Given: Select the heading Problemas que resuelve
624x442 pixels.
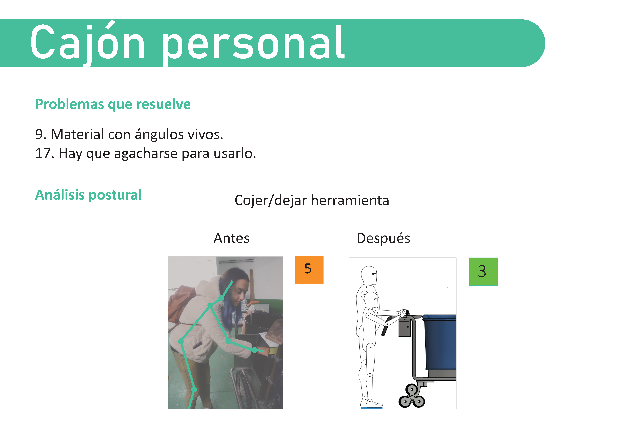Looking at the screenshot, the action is tap(113, 104).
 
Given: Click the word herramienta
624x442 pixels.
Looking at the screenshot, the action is tap(350, 200).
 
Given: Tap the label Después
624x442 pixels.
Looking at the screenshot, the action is tap(383, 238).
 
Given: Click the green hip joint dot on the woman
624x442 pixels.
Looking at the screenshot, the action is tap(181, 341).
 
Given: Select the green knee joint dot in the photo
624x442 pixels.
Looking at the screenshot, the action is tap(194, 390).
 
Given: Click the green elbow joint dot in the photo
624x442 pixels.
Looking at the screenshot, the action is tap(228, 341).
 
